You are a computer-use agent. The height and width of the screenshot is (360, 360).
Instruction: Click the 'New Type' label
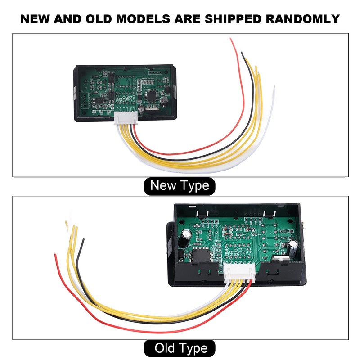tap(180, 185)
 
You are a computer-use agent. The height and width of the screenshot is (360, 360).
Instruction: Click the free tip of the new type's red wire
tap(231, 40)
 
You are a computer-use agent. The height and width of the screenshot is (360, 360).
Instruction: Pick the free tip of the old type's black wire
tap(83, 240)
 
